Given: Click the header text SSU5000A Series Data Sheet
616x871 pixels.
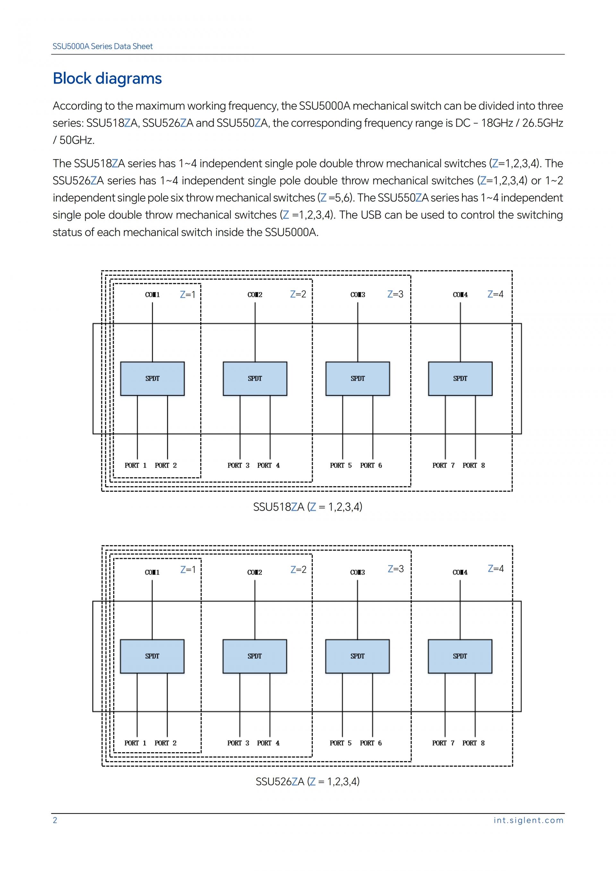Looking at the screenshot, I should tap(102, 46).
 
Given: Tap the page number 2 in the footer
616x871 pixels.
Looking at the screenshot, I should tap(55, 820).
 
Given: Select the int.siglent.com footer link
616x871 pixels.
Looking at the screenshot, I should tap(528, 820).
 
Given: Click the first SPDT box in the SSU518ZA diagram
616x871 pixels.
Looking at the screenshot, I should tap(152, 379).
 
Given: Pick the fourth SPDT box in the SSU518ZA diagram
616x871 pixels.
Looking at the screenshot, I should tap(460, 379).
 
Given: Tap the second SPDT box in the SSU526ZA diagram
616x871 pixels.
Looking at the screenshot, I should tap(254, 656).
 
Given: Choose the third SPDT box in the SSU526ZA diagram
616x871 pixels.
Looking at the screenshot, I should tap(357, 656).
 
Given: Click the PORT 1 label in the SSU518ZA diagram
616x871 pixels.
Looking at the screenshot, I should tap(135, 465).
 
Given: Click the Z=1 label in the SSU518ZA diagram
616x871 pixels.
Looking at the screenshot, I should tap(187, 295).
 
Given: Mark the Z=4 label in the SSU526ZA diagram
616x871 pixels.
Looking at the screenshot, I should tap(495, 569).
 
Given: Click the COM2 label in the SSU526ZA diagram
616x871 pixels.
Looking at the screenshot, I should tap(254, 572).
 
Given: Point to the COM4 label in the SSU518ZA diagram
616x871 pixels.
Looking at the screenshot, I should tap(460, 295).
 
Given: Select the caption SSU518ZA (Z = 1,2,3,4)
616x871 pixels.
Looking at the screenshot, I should tap(308, 507).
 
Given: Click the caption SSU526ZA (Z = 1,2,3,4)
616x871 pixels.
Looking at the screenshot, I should tap(308, 781).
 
